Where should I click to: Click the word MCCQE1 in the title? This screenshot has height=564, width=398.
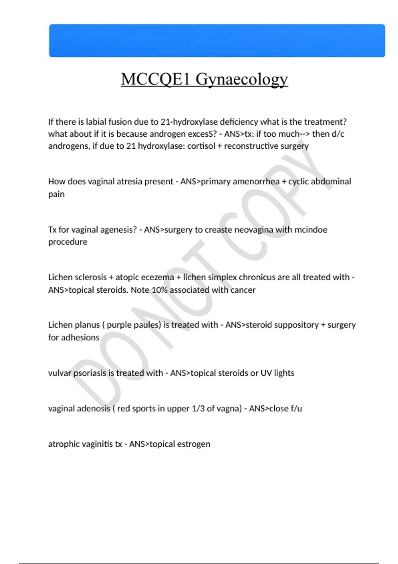pyautogui.click(x=155, y=80)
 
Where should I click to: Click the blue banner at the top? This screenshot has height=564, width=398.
pyautogui.click(x=217, y=40)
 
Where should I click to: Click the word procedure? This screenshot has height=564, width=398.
pyautogui.click(x=68, y=242)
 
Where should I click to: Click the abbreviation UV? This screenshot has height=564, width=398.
pyautogui.click(x=266, y=373)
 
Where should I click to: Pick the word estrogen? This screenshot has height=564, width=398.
pyautogui.click(x=193, y=444)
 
